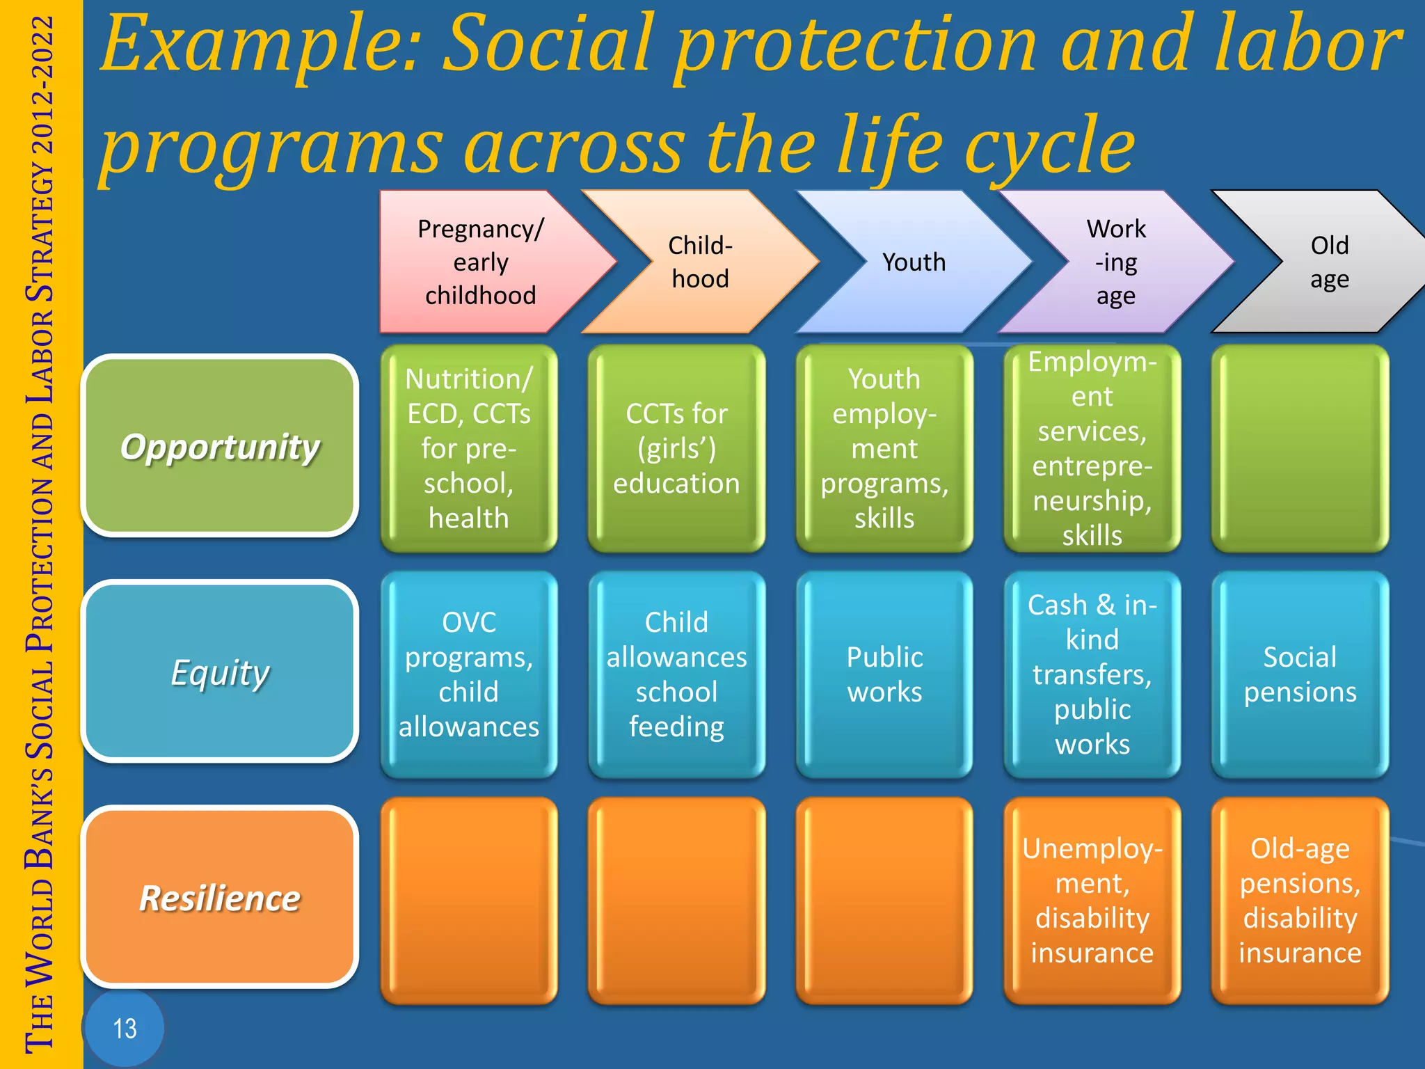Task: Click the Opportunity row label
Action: pos(220,446)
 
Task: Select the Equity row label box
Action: pos(220,672)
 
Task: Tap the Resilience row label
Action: pos(220,897)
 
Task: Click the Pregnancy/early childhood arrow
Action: pos(480,262)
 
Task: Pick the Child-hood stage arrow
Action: pos(700,262)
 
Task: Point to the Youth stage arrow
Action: pos(914,262)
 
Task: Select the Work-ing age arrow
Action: pos(1115,262)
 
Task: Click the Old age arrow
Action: pos(1329,262)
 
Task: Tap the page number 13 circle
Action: pos(125,1028)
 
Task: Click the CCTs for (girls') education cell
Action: pos(676,448)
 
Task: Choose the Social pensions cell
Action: pos(1300,674)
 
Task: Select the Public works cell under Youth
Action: pos(884,674)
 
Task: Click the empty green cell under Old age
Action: pos(1300,448)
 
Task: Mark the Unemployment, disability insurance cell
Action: pos(1092,900)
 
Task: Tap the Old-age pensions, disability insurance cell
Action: pos(1300,900)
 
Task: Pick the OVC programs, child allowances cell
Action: pos(469,674)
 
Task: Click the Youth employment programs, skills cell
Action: pos(884,448)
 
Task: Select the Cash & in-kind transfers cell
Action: pos(1092,674)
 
